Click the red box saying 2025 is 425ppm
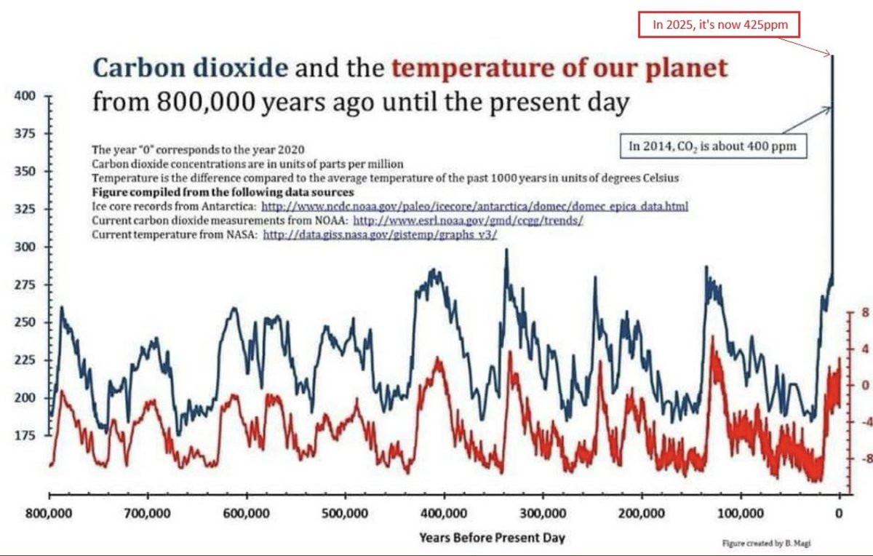click(x=716, y=25)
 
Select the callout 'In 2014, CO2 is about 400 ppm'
click(x=712, y=146)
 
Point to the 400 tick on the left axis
click(x=25, y=95)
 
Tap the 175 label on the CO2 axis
click(x=25, y=435)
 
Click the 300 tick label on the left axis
click(x=25, y=247)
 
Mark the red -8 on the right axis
click(x=863, y=459)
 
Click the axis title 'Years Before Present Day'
click(x=492, y=539)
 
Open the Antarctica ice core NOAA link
click(x=474, y=207)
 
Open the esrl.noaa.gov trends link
click(x=469, y=221)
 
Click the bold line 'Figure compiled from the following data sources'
click(x=223, y=192)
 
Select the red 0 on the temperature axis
click(x=865, y=386)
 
